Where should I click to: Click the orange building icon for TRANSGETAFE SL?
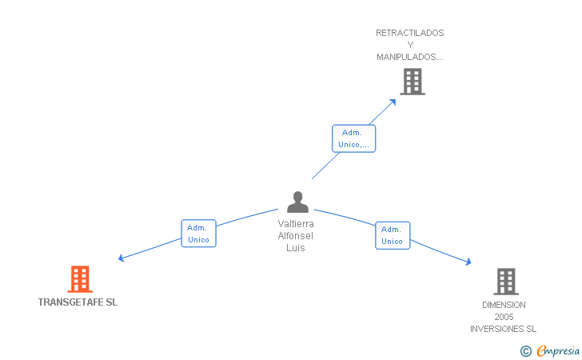(x=80, y=279)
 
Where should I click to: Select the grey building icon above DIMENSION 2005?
(x=506, y=282)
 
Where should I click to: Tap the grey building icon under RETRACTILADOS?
(x=413, y=82)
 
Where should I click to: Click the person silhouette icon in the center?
(x=297, y=202)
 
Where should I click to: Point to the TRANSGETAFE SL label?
(x=78, y=302)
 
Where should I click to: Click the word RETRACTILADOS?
(x=410, y=33)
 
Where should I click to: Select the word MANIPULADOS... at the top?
(x=410, y=57)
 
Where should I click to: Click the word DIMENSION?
(x=504, y=305)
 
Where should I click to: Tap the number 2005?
(x=504, y=317)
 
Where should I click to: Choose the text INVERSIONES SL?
(x=504, y=329)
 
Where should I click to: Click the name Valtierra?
(x=296, y=224)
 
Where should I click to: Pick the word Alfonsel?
(x=296, y=235)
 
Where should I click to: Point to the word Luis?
(x=296, y=247)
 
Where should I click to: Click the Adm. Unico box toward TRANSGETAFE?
(x=198, y=234)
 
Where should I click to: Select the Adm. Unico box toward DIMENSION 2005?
(x=393, y=235)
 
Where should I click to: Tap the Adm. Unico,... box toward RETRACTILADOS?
(x=353, y=138)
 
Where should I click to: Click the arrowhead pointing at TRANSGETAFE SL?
(x=121, y=258)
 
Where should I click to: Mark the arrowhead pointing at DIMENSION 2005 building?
(x=468, y=262)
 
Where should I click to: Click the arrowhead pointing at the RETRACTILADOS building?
(x=393, y=102)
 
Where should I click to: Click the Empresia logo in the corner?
(x=550, y=350)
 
